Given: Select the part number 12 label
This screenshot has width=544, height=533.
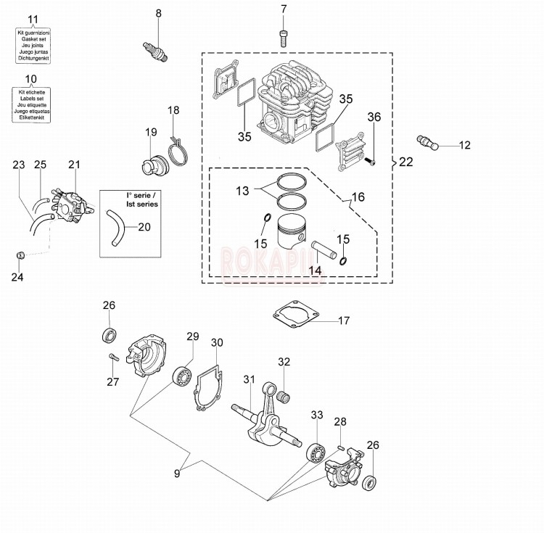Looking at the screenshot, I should [464, 145].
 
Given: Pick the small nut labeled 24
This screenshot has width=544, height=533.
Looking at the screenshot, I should [21, 255].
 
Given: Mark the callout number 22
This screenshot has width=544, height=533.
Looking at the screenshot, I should [405, 162].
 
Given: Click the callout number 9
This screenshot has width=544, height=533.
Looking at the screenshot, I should [176, 474].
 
